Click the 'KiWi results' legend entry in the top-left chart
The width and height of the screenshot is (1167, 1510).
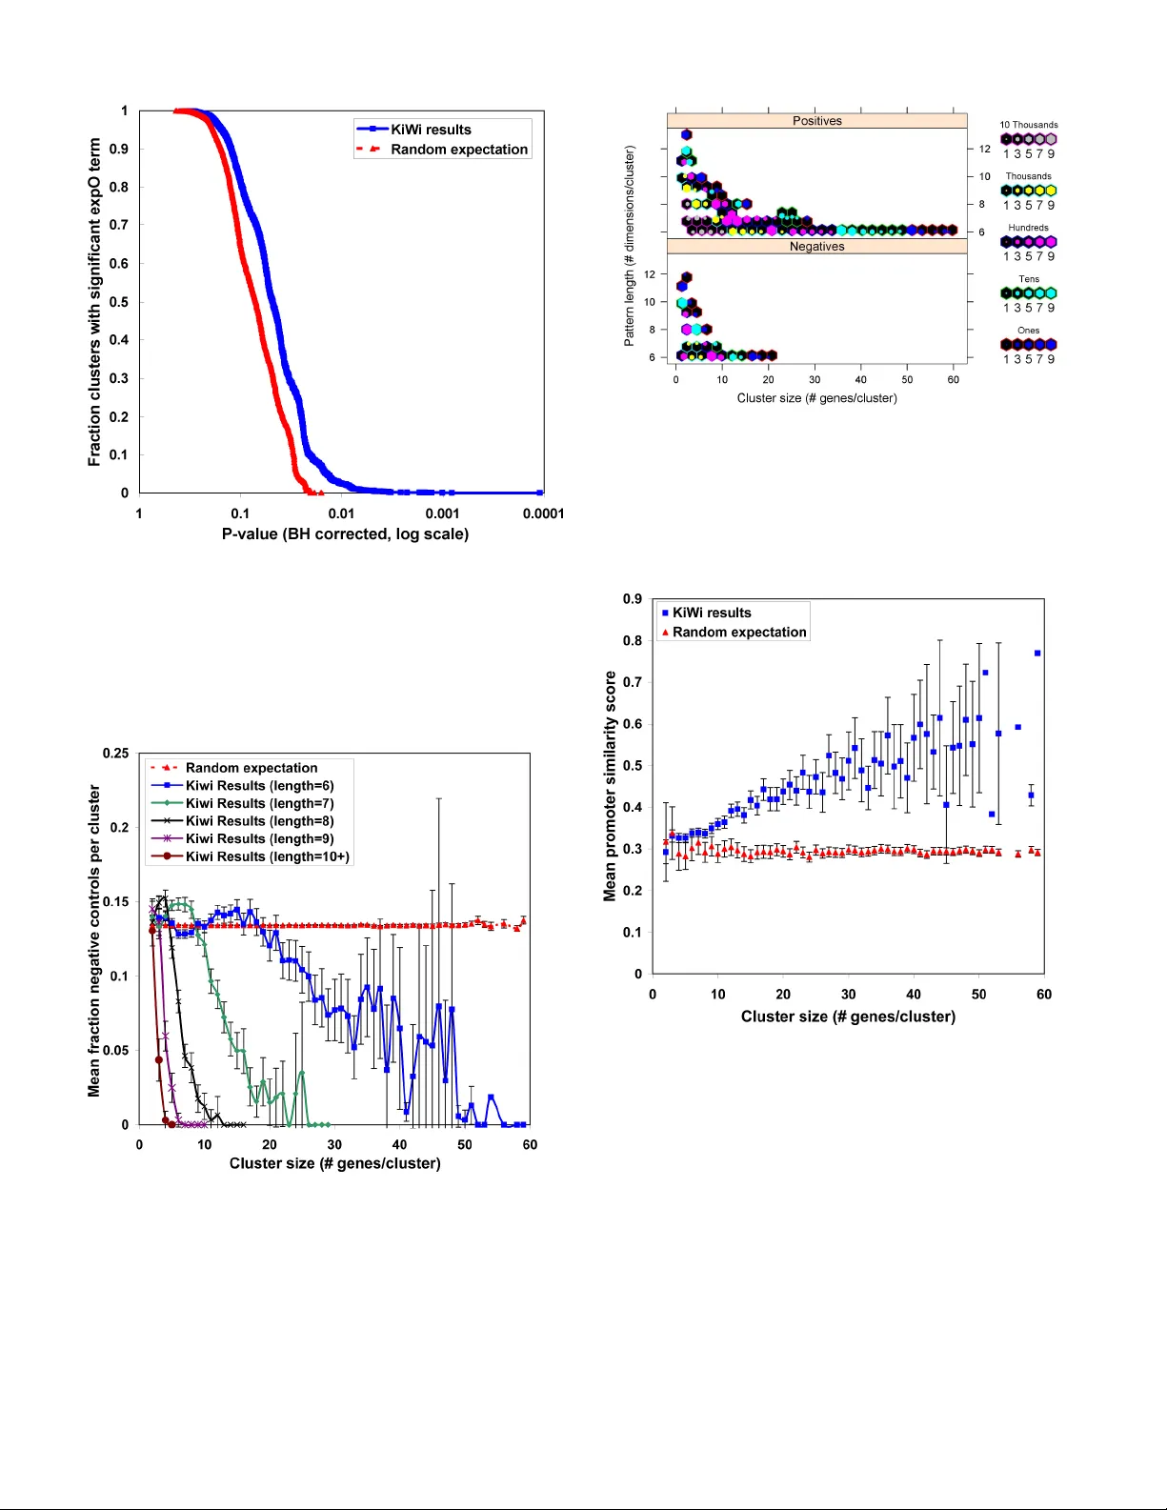coord(431,130)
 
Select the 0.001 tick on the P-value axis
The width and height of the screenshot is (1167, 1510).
coord(442,513)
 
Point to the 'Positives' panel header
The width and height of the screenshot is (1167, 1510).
coord(816,121)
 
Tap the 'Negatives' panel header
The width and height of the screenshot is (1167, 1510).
coord(816,247)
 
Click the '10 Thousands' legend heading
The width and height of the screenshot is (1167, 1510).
coord(1028,125)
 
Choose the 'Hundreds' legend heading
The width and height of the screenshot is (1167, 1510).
coord(1028,228)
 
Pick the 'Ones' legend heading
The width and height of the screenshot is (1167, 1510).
coord(1028,331)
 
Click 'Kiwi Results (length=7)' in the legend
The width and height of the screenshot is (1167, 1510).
coord(259,803)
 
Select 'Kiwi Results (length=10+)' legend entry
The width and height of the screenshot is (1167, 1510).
coord(267,856)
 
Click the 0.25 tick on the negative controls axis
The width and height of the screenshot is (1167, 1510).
coord(116,754)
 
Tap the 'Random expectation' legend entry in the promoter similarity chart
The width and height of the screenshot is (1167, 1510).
coord(738,633)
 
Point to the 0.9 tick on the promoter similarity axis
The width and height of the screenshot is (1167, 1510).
coord(633,599)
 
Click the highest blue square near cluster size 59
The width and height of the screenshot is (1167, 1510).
coord(1037,654)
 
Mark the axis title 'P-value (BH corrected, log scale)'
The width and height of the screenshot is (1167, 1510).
coord(345,534)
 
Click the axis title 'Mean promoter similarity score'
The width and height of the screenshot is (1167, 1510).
coord(610,786)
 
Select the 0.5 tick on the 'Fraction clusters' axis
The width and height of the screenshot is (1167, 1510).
coord(119,302)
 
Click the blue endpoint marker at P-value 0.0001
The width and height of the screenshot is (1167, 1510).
coord(540,493)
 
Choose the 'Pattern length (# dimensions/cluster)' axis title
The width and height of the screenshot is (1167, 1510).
coord(629,246)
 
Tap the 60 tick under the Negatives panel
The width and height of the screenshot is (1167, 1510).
coord(953,379)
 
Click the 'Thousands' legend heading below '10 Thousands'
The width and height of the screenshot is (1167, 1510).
coord(1028,176)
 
